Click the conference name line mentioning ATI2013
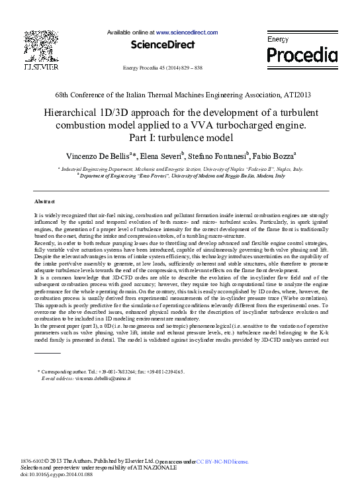tap(179, 96)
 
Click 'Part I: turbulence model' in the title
tap(180, 138)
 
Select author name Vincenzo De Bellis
tap(99, 156)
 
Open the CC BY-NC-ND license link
tap(222, 461)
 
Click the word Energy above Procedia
tap(278, 40)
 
